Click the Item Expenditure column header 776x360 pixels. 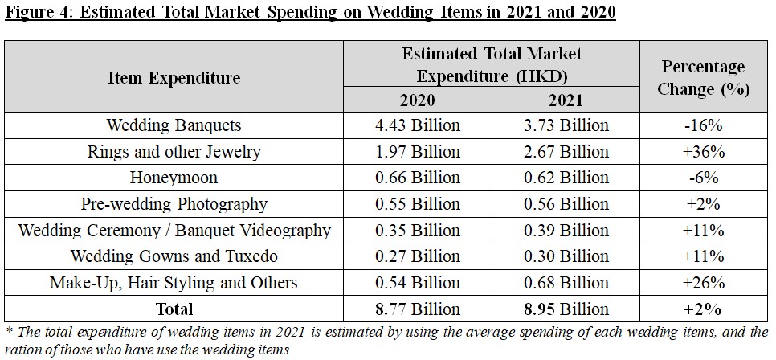coord(174,77)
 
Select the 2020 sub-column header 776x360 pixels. coord(417,100)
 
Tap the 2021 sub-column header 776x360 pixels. coord(565,100)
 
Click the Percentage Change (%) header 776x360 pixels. coord(703,77)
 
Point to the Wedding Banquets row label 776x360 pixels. coord(174,125)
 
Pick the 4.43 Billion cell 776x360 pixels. coord(417,125)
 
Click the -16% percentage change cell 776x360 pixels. coord(703,125)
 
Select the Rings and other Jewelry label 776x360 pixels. coord(174,151)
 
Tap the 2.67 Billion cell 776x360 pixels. coord(565,151)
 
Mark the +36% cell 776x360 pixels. coord(703,151)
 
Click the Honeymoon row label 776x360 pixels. coord(174,178)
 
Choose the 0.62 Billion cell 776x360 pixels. coord(565,178)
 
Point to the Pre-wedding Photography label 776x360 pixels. coord(174,204)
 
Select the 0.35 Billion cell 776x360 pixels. coord(417,231)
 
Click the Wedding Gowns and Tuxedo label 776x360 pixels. coord(174,256)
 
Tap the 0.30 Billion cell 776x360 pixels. coord(565,256)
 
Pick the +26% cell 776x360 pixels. coord(703,283)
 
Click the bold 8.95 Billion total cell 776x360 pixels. coord(565,309)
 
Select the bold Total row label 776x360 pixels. coord(174,309)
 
